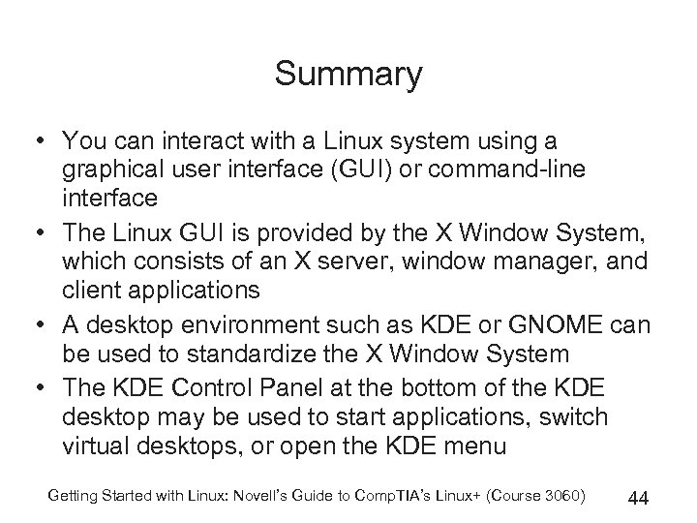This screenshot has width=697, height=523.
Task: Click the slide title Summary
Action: click(348, 74)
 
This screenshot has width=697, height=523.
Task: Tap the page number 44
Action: click(637, 499)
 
